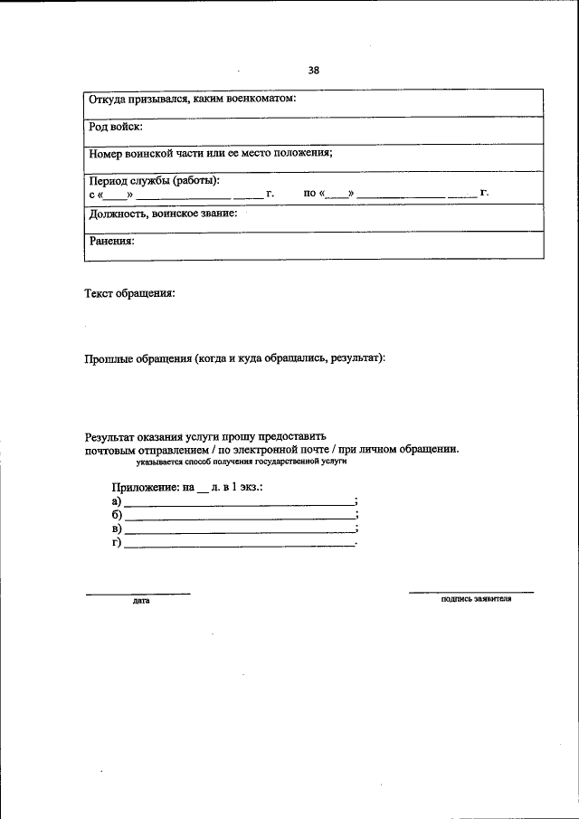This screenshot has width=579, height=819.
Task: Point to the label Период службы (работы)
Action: [154, 180]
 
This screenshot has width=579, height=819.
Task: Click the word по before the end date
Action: [310, 193]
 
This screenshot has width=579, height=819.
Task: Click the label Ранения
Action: [111, 241]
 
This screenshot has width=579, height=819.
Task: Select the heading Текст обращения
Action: [129, 293]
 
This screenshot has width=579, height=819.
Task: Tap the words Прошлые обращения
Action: [136, 358]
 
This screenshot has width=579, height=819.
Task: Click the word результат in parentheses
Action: [356, 358]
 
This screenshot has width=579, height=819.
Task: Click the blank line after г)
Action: [239, 545]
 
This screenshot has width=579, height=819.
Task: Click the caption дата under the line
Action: [140, 600]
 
